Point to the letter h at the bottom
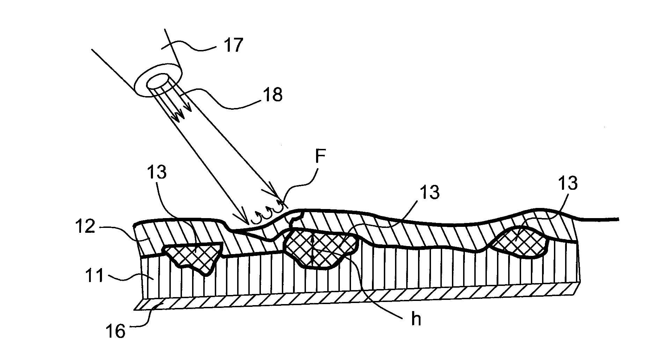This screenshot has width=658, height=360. click(x=416, y=320)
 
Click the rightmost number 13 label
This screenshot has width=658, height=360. click(x=568, y=183)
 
